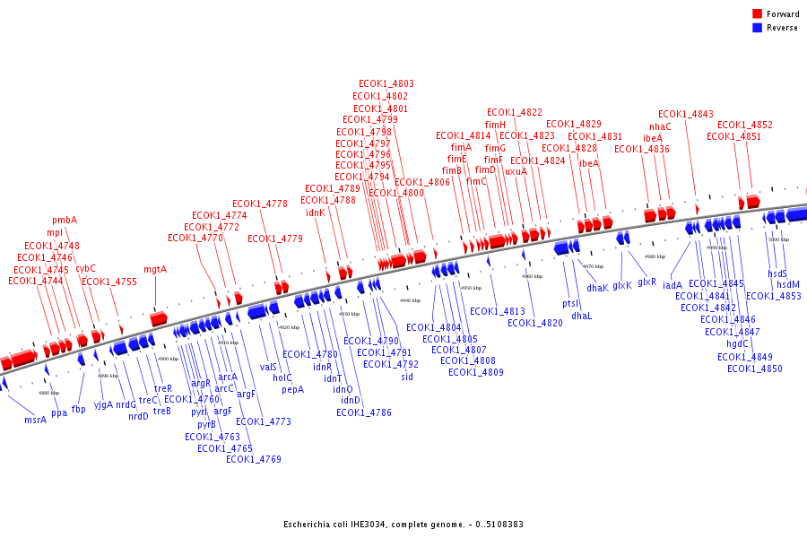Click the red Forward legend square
pyautogui.click(x=757, y=14)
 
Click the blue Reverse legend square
pyautogui.click(x=757, y=27)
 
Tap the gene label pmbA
pyautogui.click(x=65, y=220)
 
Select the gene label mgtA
pyautogui.click(x=155, y=269)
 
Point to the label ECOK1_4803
pyautogui.click(x=386, y=83)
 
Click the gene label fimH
pyautogui.click(x=495, y=125)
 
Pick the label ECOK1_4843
pyautogui.click(x=686, y=114)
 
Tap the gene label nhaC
pyautogui.click(x=660, y=126)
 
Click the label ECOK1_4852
pyautogui.click(x=745, y=125)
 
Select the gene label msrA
pyautogui.click(x=36, y=420)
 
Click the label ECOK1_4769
pyautogui.click(x=254, y=459)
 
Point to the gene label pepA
pyautogui.click(x=293, y=389)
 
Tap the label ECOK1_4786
pyautogui.click(x=364, y=412)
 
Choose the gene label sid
pyautogui.click(x=407, y=377)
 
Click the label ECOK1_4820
pyautogui.click(x=535, y=323)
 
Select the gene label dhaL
pyautogui.click(x=582, y=316)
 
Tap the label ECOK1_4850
pyautogui.click(x=755, y=369)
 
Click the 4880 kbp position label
pyautogui.click(x=49, y=393)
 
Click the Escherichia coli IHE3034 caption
pyautogui.click(x=403, y=525)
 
